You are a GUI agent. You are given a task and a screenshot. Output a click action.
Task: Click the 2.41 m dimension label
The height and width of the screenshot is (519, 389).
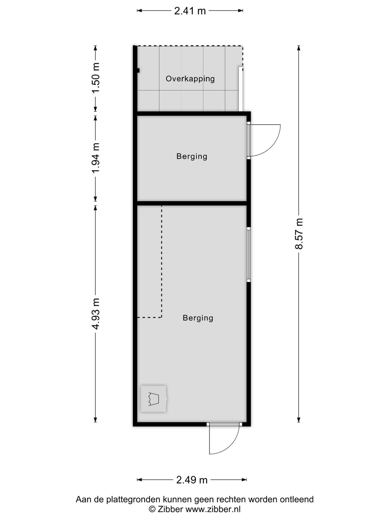point(190,11)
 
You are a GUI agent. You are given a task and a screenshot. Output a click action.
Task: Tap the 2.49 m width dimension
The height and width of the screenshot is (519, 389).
point(192,480)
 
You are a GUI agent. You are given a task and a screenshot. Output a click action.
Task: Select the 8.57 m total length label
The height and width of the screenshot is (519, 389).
point(299,234)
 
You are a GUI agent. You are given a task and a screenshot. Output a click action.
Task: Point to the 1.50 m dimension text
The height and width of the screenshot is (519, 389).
point(95,78)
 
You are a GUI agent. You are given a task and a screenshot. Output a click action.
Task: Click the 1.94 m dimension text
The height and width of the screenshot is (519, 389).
point(95,158)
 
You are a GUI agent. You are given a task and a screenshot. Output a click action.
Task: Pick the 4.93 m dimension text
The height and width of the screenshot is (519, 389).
point(95,314)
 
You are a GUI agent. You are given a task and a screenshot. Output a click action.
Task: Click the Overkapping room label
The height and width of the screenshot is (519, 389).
point(190,79)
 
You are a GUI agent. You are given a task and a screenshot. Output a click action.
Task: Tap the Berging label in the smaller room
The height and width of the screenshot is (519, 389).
point(192,156)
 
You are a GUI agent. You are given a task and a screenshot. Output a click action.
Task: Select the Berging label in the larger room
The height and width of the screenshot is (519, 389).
point(198,318)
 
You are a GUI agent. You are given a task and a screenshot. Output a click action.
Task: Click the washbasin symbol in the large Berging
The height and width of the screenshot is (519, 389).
point(153,399)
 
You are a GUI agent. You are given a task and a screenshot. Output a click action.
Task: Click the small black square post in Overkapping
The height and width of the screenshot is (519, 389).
point(138,71)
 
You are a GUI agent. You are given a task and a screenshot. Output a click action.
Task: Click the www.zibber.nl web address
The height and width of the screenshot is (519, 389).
point(213,509)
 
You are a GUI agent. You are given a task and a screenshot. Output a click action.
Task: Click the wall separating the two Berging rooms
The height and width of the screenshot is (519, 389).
point(192,203)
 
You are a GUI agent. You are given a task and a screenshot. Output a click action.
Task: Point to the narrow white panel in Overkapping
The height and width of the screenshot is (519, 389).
point(241,89)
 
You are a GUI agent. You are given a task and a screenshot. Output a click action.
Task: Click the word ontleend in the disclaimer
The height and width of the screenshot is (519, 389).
point(298,500)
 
